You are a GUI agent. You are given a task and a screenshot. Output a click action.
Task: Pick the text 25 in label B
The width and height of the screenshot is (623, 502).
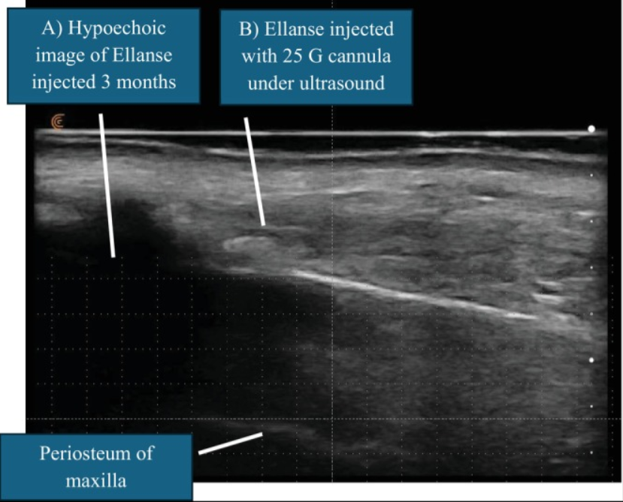(x=292, y=56)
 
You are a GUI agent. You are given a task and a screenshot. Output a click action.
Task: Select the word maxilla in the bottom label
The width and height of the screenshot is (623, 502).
(x=95, y=480)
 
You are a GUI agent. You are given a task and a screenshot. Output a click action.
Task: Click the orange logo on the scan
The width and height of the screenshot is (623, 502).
(x=58, y=122)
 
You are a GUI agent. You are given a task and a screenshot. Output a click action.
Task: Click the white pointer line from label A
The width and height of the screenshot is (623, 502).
(x=107, y=185)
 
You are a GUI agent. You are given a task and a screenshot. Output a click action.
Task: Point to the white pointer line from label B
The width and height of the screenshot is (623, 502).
(x=255, y=171)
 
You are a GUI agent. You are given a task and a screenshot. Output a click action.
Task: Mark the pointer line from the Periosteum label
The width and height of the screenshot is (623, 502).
(x=231, y=443)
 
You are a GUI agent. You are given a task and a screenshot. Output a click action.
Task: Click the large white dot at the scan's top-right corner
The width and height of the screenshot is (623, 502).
(x=591, y=128)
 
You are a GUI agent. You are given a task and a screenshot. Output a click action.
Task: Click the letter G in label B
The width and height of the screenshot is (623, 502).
(x=315, y=56)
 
